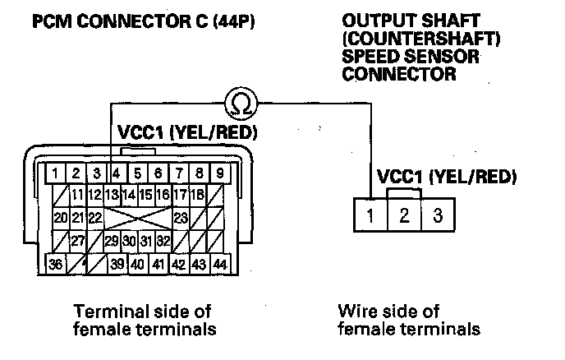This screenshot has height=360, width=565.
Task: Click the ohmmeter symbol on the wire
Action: coord(240,102)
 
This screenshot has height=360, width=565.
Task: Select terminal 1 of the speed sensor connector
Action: coord(370,216)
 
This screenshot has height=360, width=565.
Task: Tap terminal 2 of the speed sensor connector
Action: coord(403,216)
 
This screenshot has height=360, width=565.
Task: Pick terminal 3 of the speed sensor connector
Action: coord(438,216)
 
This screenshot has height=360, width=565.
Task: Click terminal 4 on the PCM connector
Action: coord(117,174)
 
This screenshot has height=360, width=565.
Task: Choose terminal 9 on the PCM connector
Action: coord(219,174)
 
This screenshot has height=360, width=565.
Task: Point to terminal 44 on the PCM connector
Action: coord(219,265)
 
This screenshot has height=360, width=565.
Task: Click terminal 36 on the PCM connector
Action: coord(57,265)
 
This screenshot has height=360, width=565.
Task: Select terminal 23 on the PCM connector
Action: coord(181,219)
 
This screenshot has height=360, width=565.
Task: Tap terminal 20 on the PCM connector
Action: coord(61,219)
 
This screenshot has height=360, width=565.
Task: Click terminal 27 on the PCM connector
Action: coord(78,242)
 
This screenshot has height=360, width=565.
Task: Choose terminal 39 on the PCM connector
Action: coord(118,265)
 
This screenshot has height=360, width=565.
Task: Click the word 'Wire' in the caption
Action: coord(356,312)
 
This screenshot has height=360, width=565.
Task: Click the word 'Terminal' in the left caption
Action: coord(106,312)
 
